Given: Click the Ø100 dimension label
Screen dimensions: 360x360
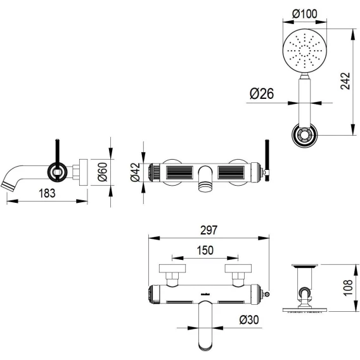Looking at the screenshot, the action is tap(304, 14).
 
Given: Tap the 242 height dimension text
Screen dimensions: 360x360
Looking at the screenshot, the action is tap(345, 81).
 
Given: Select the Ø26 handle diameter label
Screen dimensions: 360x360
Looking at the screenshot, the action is tap(262, 94).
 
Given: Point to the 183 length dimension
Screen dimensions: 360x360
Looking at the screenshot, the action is tap(47, 193).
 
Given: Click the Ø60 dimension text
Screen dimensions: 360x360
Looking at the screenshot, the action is tap(103, 172).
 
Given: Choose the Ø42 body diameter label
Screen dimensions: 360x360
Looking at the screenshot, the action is tap(135, 172).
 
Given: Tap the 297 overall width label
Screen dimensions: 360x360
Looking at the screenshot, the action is tap(209, 230).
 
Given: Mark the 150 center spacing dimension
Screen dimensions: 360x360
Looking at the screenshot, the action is tap(205, 250).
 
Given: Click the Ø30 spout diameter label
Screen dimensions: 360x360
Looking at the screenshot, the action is tap(249, 319).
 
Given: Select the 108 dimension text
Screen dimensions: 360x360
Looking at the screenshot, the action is tap(348, 288).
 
